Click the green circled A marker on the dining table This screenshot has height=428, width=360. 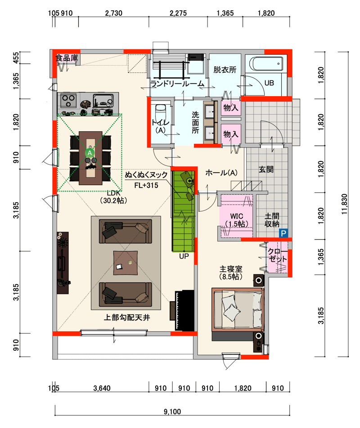coord(90,153)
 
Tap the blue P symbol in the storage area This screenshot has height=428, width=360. coord(283,233)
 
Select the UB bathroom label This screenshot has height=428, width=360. coord(269,83)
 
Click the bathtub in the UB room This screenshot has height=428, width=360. coord(267,63)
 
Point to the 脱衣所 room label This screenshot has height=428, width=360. coord(225,70)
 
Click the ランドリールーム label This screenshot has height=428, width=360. coord(177,84)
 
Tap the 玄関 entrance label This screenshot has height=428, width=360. coord(266,169)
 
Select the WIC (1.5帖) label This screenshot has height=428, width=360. coord(237,220)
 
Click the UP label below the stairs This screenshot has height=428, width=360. coord(184,256)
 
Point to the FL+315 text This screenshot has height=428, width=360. coord(146,186)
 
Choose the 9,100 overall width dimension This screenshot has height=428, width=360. coord(172,412)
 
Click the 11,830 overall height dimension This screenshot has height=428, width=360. coord(344,204)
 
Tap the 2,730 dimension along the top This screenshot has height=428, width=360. coord(114,13)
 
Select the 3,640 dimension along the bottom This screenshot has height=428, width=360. coord(102,388)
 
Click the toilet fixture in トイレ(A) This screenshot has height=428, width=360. coord(161,113)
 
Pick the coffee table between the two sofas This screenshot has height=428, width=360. coord(126,263)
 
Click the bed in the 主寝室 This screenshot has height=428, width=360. coord(238,309)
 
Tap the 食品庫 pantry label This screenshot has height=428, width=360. coord(67,58)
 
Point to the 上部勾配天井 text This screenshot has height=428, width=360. coord(127,317)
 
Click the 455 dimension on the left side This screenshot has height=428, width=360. coord(16,58)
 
